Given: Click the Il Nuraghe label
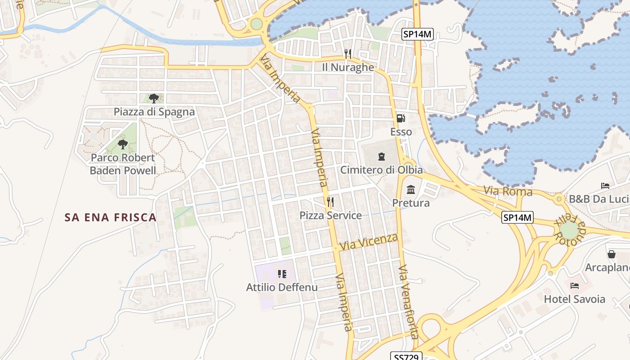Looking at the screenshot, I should (348, 67).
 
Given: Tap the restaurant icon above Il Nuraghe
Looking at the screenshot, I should (347, 54).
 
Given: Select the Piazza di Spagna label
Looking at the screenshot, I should (154, 112).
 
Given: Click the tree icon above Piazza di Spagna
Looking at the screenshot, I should (154, 98).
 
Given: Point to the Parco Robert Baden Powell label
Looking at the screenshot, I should (123, 164).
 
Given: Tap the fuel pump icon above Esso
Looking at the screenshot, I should (400, 118).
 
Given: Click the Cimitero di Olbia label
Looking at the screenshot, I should (381, 170).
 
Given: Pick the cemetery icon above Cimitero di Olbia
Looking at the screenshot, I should (382, 157).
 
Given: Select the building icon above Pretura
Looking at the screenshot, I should (410, 190).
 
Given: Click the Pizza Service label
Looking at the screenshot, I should (330, 215).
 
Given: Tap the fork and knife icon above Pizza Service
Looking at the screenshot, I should (330, 201).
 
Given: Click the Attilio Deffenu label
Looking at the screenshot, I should (282, 287).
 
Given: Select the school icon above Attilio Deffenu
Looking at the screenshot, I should (282, 274).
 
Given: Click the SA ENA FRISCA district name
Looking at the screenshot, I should (111, 217).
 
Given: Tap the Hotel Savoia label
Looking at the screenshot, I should (575, 299).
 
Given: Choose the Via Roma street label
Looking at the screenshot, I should (508, 191).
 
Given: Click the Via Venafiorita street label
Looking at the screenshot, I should (408, 301).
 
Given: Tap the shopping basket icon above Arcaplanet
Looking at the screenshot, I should (611, 254).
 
